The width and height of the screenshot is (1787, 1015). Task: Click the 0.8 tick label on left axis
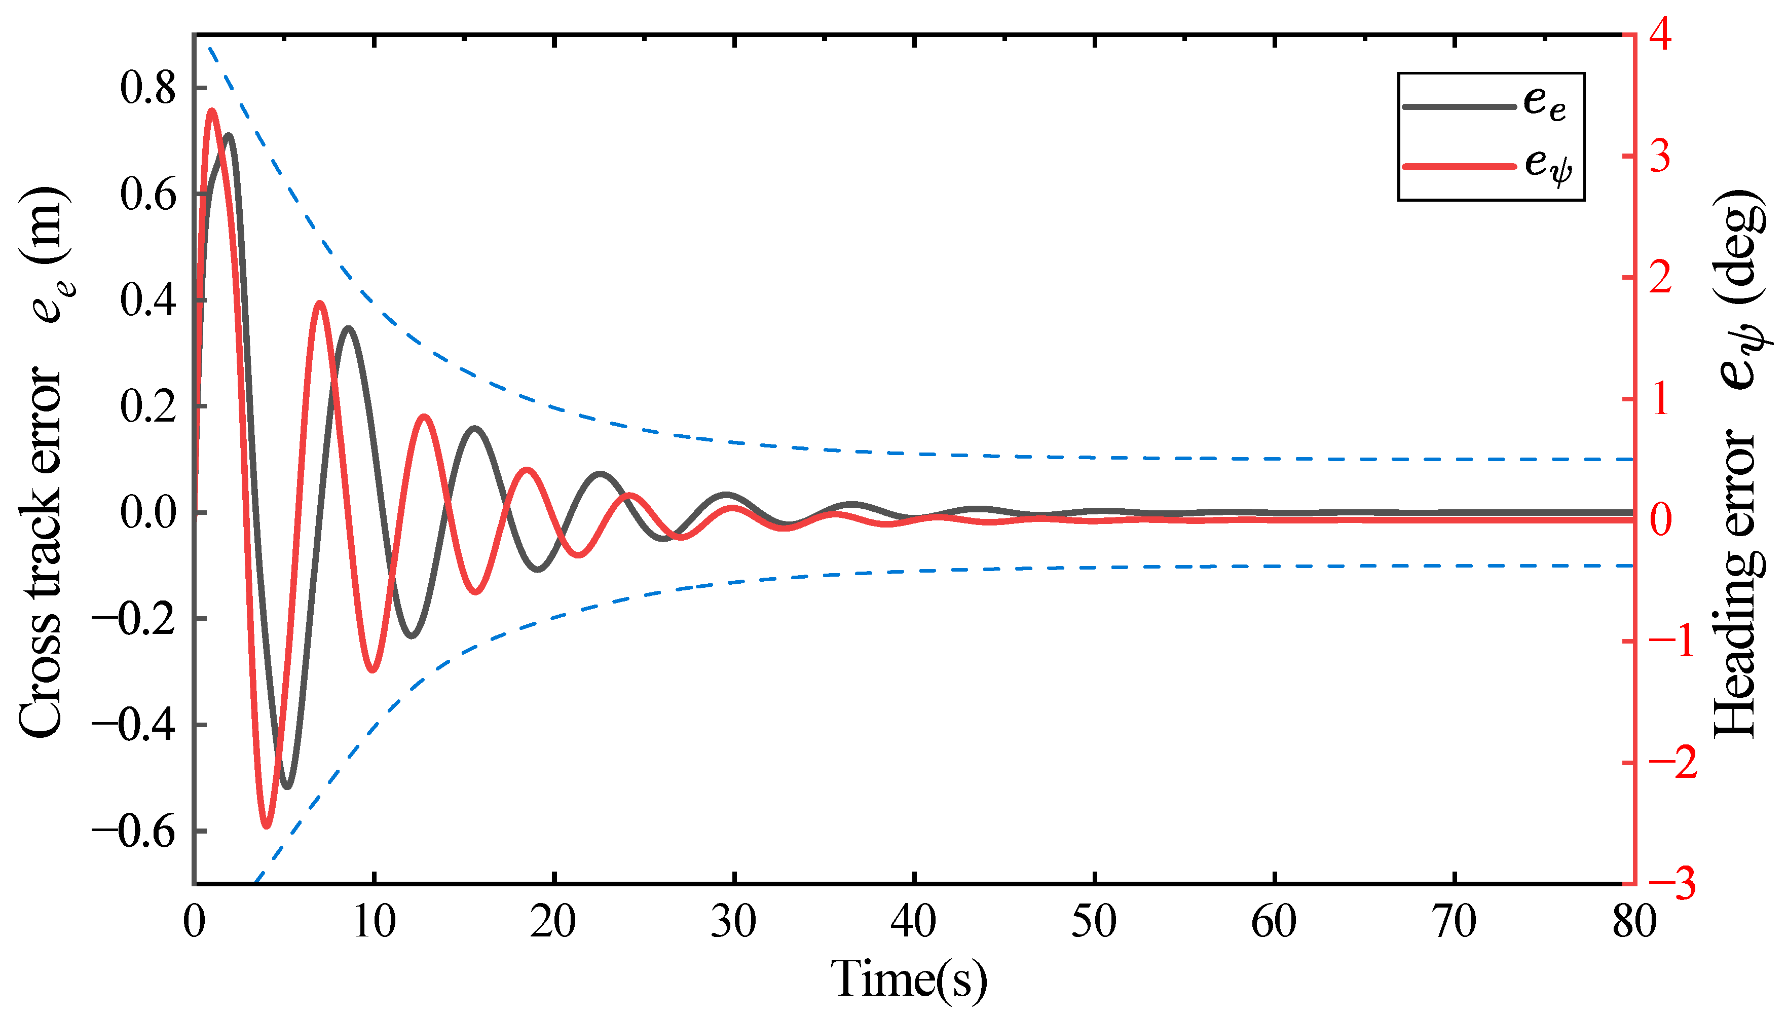point(148,89)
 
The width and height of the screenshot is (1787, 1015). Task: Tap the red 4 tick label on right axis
point(1659,35)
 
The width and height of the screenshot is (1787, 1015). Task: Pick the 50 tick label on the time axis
point(1094,922)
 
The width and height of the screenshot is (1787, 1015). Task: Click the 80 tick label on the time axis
point(1633,922)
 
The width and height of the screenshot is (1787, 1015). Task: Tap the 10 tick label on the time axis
point(375,922)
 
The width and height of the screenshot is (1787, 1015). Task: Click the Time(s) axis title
point(909,980)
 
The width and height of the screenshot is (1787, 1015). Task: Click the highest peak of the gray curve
point(228,135)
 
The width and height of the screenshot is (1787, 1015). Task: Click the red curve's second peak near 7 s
point(320,303)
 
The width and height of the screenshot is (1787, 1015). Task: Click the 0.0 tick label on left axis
point(148,514)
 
